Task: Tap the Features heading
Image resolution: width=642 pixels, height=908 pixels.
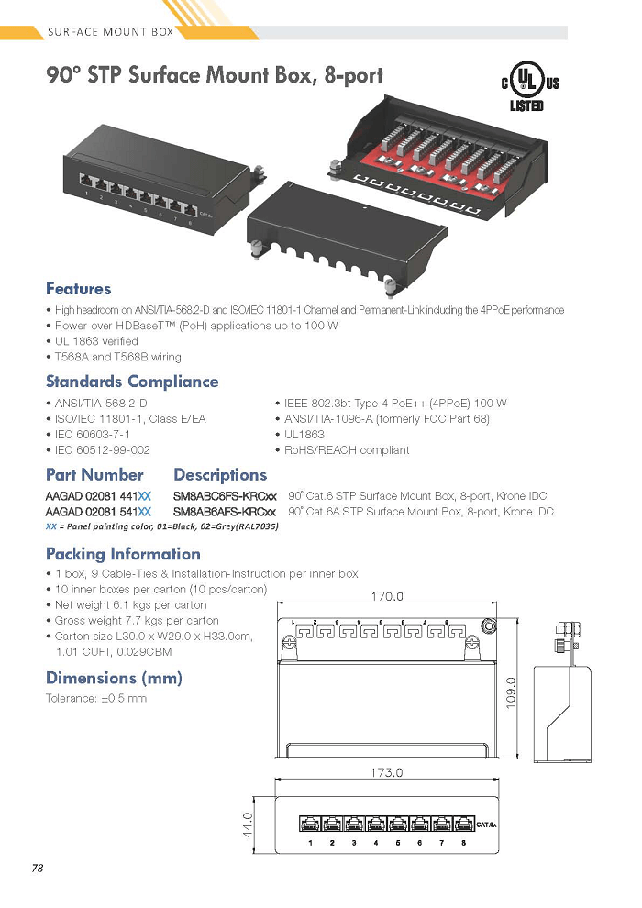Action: coord(78,288)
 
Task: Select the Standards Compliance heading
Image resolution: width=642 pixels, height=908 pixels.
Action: coord(132,382)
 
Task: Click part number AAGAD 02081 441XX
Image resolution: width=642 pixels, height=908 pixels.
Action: coord(98,496)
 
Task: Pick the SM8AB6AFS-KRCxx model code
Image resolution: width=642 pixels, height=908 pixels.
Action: coord(225,512)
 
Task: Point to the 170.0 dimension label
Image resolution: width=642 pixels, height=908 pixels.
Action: coord(387,596)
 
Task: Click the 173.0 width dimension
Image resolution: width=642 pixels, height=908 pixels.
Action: coord(387,772)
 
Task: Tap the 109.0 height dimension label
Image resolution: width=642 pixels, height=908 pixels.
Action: coord(510,692)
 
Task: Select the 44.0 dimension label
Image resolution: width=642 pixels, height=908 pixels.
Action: coord(248,825)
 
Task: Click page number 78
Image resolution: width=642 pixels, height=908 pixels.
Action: coord(38,868)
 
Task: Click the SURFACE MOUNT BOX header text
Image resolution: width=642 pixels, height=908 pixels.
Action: coord(111,32)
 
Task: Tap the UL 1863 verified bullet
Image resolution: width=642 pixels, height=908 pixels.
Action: coord(93,341)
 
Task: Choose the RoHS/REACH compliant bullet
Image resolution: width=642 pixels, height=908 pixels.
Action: coord(343,450)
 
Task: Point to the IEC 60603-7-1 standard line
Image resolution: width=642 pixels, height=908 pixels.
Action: coord(88,435)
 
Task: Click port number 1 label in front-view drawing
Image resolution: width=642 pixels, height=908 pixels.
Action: coord(310,843)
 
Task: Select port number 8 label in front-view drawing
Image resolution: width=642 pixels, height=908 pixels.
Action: coord(464,843)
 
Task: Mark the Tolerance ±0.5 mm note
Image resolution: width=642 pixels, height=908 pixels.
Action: coord(96,698)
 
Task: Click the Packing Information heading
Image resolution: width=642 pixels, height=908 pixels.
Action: coord(123,554)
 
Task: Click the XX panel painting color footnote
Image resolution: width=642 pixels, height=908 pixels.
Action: coord(162,526)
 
